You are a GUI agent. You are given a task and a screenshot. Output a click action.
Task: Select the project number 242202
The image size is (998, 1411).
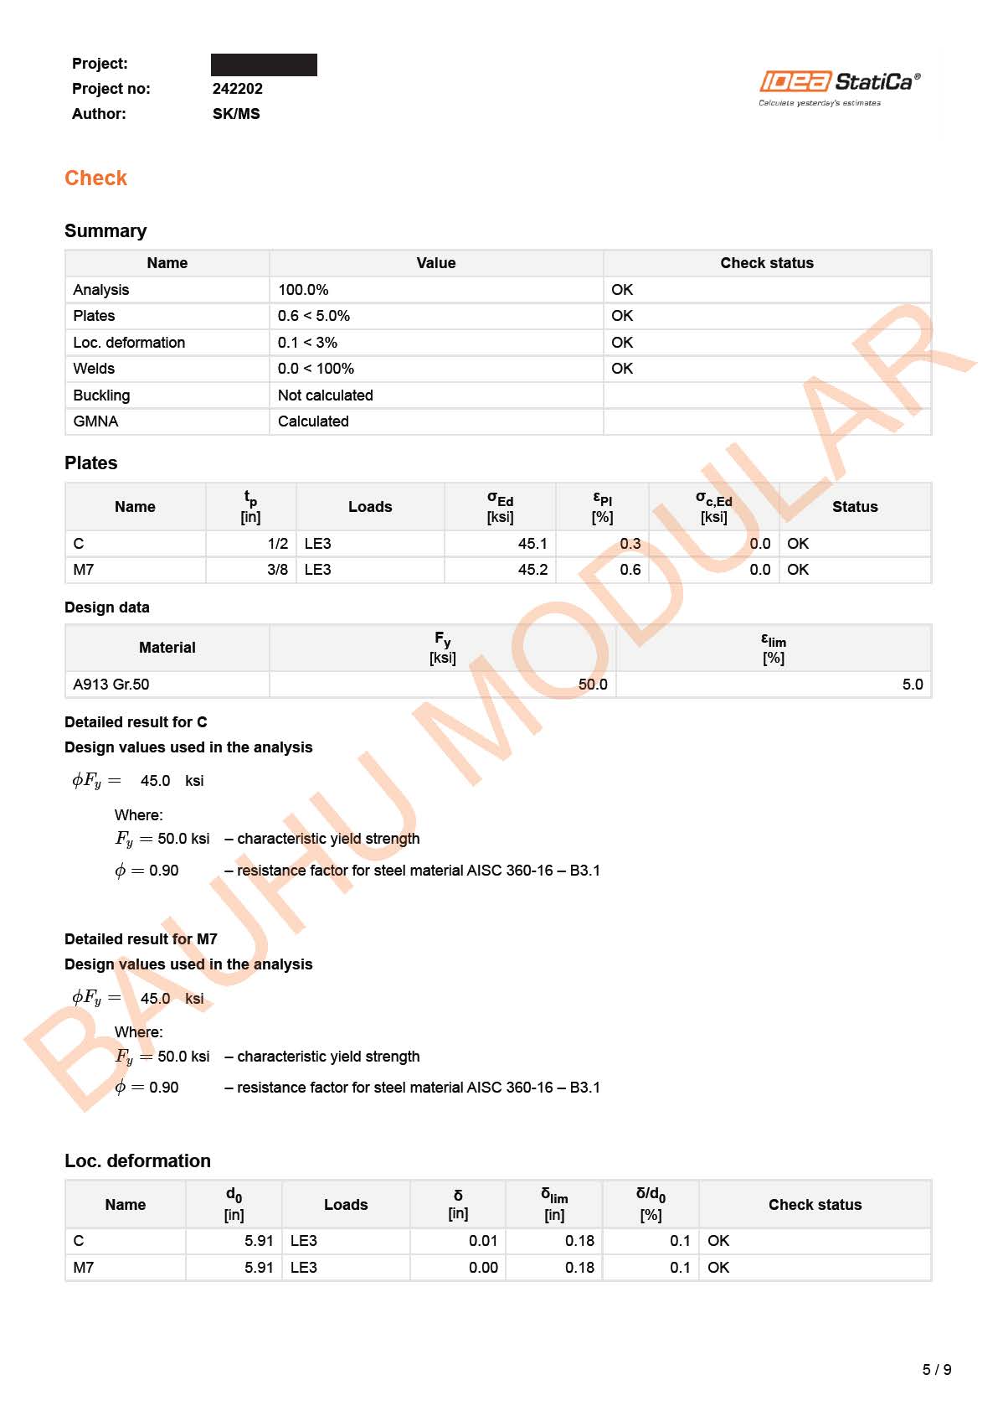(238, 89)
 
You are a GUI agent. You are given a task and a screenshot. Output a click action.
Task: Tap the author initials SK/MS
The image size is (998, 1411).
(236, 114)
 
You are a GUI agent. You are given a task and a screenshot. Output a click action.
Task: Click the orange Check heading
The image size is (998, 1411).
(95, 178)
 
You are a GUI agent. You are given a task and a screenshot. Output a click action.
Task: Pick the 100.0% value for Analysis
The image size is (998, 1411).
(303, 290)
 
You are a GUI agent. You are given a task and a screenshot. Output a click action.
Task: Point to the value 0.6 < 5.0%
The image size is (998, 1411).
(314, 316)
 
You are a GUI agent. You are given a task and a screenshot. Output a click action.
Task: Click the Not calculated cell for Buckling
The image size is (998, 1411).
(326, 395)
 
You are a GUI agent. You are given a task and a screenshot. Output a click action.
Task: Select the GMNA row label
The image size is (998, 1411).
(95, 421)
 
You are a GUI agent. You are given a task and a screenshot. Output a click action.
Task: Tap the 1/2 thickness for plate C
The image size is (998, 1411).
(278, 544)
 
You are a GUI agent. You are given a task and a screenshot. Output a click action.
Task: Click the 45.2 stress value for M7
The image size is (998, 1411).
(532, 570)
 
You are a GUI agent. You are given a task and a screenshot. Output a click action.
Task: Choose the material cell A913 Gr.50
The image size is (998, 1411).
(111, 685)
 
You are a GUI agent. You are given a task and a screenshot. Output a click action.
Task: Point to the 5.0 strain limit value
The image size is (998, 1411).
(913, 685)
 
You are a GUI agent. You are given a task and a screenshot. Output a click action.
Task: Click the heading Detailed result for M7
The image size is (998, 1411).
(141, 939)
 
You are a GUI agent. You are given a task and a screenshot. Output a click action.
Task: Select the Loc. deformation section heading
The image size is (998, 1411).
(137, 1161)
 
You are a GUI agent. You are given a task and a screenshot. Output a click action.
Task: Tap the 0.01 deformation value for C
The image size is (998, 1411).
(483, 1241)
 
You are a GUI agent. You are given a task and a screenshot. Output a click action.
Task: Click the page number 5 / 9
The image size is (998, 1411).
(937, 1370)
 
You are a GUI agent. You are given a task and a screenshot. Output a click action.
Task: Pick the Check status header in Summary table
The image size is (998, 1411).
(767, 263)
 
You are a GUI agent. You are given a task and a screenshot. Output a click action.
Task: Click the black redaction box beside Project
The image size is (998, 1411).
(264, 65)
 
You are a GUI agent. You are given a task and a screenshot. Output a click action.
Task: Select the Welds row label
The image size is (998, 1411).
(94, 369)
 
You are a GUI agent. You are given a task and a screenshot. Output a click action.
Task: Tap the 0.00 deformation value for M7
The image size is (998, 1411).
(483, 1268)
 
